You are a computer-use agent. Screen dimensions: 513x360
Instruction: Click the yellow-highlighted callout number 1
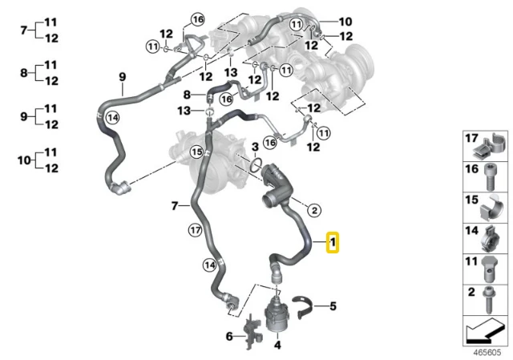pos(333,242)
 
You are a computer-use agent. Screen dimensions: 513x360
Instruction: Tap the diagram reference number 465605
pos(488,353)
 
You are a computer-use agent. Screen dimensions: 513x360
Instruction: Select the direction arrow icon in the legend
pos(485,331)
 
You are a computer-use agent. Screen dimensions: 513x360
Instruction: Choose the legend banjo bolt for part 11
pos(490,270)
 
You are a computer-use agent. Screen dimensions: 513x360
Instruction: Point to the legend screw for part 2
pos(489,300)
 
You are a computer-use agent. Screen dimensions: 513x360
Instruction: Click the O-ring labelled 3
pos(256,165)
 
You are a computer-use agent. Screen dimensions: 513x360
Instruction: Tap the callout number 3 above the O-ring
pos(255,147)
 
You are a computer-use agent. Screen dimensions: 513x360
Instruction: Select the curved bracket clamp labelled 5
pos(303,307)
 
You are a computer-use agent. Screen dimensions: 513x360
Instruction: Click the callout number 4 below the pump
pos(277,345)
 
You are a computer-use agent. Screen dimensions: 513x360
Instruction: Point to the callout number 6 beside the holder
pos(229,336)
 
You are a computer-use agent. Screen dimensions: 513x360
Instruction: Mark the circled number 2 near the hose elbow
pos(314,210)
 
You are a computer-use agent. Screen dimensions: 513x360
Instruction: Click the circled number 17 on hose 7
pos(196,230)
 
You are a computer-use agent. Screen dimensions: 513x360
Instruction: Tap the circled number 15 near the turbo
pos(197,152)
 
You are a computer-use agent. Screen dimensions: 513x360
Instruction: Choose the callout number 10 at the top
pos(345,22)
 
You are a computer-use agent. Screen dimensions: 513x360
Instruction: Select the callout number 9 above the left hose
pos(122,77)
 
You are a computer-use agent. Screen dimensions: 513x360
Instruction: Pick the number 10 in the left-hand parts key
pos(24,160)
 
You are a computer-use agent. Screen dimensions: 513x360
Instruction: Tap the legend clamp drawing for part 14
pos(490,239)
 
